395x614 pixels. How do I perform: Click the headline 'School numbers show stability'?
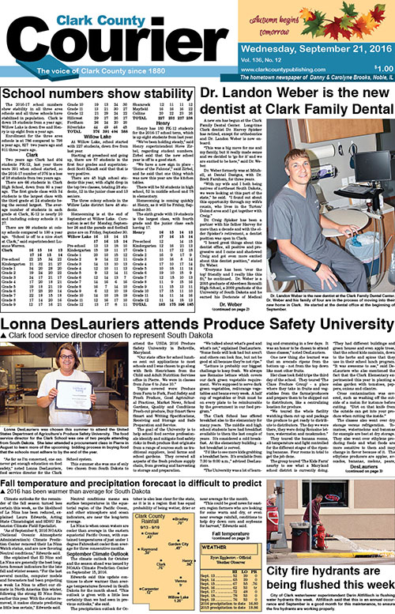pyautogui.click(x=97, y=92)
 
